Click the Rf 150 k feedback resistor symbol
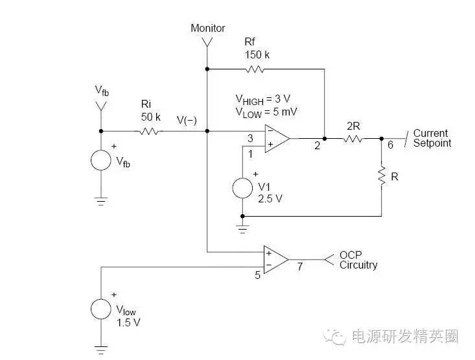click(255, 68)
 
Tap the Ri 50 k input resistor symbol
click(150, 131)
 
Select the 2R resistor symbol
click(354, 138)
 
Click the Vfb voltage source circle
click(100, 159)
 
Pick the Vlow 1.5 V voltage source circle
click(100, 309)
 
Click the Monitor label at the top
click(207, 29)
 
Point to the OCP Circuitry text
click(358, 260)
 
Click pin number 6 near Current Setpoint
click(389, 147)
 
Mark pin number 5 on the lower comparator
click(257, 274)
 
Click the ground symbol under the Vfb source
click(100, 201)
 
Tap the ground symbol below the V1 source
click(242, 228)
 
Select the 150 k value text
click(257, 54)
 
